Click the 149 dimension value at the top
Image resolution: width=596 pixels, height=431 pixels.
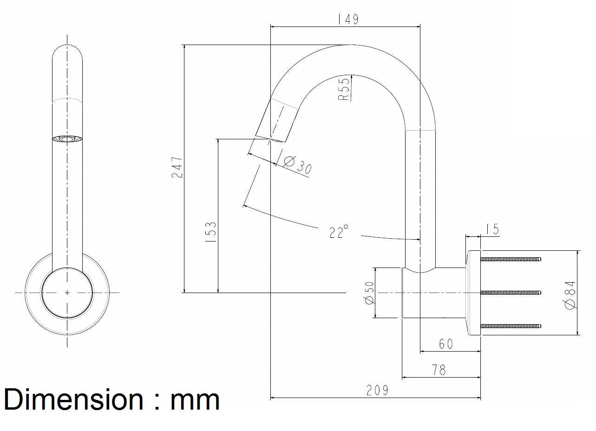coord(348,19)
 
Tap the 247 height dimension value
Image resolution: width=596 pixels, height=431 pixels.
coord(177,167)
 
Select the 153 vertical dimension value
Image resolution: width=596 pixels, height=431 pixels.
coord(210,232)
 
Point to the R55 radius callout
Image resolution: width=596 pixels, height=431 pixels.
coord(344,88)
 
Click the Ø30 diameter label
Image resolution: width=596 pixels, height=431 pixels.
coord(297,164)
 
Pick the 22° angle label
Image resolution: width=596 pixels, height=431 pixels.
coord(339,231)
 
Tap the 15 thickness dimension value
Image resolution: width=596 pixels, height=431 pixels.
coord(492,229)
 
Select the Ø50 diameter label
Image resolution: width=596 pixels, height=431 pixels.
coord(370,293)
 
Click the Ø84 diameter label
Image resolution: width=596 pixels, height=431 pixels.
coord(570,294)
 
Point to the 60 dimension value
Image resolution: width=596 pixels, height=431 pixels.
coord(445,344)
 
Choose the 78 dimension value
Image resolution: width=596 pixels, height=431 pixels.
coord(439,370)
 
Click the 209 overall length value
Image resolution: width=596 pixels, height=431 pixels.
coord(377,391)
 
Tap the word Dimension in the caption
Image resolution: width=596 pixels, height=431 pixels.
coord(73,399)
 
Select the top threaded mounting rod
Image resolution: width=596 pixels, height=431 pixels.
coord(511,259)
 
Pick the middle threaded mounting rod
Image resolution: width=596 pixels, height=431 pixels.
coord(511,292)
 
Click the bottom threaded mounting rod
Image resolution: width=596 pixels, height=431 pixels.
coord(511,326)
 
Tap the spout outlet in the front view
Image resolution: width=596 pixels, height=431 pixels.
coord(67,139)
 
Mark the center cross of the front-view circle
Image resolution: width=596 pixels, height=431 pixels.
coord(67,293)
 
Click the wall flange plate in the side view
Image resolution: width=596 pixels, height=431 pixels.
coord(473,293)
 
